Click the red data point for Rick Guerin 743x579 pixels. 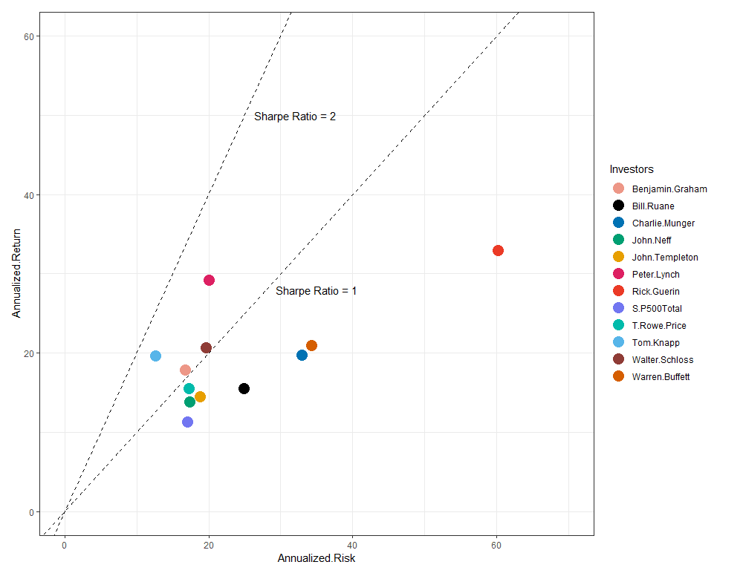498,250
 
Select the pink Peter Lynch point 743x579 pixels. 209,280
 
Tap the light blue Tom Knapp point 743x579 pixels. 155,356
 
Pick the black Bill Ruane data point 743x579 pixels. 244,388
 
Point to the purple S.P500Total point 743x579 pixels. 187,422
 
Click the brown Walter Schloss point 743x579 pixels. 206,348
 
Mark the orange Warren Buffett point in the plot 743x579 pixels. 311,345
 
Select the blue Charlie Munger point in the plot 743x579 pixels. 302,355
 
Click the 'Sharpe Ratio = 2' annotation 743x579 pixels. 295,117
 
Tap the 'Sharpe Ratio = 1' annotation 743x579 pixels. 316,291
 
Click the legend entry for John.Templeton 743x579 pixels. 665,257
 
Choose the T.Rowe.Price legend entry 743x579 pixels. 659,325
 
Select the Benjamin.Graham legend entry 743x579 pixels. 669,189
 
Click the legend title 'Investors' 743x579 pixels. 631,169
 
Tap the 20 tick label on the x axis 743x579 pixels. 209,546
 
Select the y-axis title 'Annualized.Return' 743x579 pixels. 16,273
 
